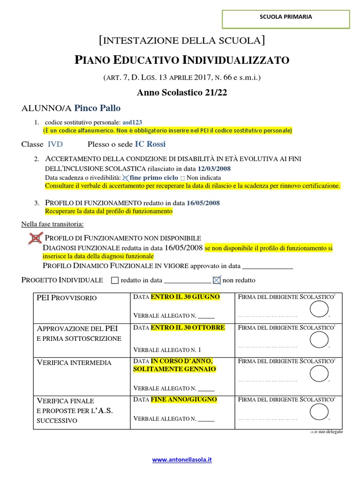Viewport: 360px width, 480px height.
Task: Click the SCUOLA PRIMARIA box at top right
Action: [x=285, y=17]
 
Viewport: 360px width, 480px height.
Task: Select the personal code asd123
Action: [x=132, y=122]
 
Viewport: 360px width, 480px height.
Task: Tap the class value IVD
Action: [x=55, y=144]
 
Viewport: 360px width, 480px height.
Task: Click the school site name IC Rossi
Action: [x=150, y=144]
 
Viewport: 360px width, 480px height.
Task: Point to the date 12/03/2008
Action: [x=214, y=169]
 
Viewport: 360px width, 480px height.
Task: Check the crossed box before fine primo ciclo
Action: [x=125, y=178]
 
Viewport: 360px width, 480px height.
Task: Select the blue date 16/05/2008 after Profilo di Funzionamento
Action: [x=203, y=203]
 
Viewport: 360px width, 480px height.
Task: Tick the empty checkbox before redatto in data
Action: [x=115, y=281]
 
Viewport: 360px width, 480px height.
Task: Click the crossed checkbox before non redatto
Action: [x=216, y=280]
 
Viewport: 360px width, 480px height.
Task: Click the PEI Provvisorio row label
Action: [x=67, y=298]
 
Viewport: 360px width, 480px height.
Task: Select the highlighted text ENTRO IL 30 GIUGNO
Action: [x=185, y=297]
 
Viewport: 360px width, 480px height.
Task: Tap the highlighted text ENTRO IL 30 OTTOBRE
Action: [x=187, y=327]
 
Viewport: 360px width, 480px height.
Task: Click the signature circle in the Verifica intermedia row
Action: [x=319, y=374]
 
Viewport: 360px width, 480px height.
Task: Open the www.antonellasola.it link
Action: [x=182, y=460]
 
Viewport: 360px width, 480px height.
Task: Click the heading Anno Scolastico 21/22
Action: [x=182, y=92]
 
